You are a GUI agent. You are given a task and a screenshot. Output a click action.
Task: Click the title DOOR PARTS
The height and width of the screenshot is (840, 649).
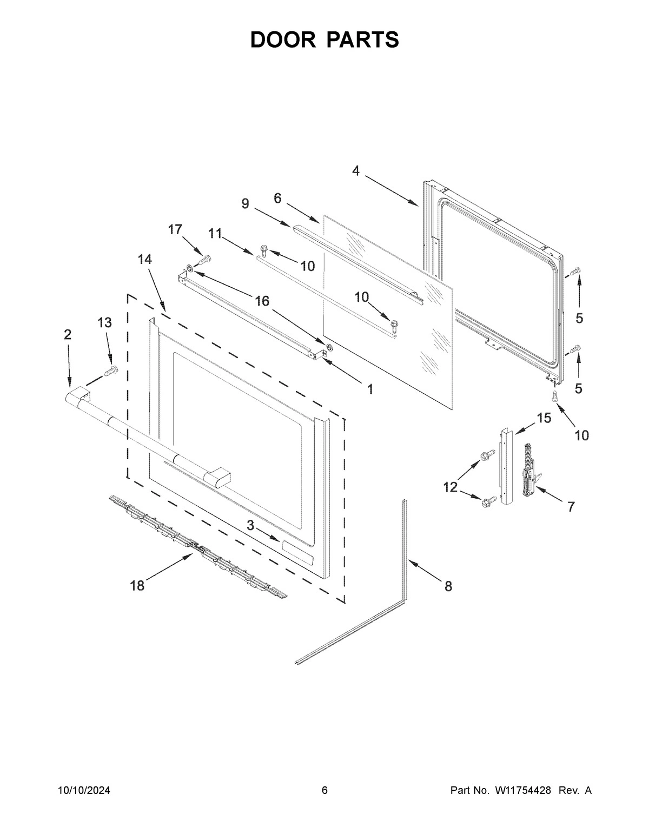(325, 40)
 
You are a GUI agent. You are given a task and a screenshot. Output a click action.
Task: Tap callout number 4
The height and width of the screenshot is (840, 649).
(355, 171)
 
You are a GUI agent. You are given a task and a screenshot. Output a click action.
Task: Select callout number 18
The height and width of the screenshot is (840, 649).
(137, 586)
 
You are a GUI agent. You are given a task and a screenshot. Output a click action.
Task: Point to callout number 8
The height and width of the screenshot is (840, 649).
(448, 586)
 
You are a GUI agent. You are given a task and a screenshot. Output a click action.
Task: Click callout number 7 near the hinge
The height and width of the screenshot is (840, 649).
(571, 507)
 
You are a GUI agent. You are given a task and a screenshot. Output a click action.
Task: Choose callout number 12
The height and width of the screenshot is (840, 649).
(451, 487)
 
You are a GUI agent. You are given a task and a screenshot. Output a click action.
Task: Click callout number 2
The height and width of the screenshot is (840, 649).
(67, 334)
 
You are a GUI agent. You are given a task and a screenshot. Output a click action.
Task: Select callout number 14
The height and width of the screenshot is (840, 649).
(144, 260)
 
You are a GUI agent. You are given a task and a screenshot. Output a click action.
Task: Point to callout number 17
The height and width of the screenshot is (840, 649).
(175, 229)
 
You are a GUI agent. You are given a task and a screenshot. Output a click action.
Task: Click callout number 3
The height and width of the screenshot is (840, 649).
(250, 525)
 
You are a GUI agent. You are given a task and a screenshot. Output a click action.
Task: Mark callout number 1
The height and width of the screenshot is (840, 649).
(370, 389)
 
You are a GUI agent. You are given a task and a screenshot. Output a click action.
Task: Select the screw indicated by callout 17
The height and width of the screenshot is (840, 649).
(204, 260)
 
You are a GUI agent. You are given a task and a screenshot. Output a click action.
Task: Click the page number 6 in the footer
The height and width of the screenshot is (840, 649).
(325, 791)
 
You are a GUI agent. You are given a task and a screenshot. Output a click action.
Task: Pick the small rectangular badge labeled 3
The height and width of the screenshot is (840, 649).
(296, 553)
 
